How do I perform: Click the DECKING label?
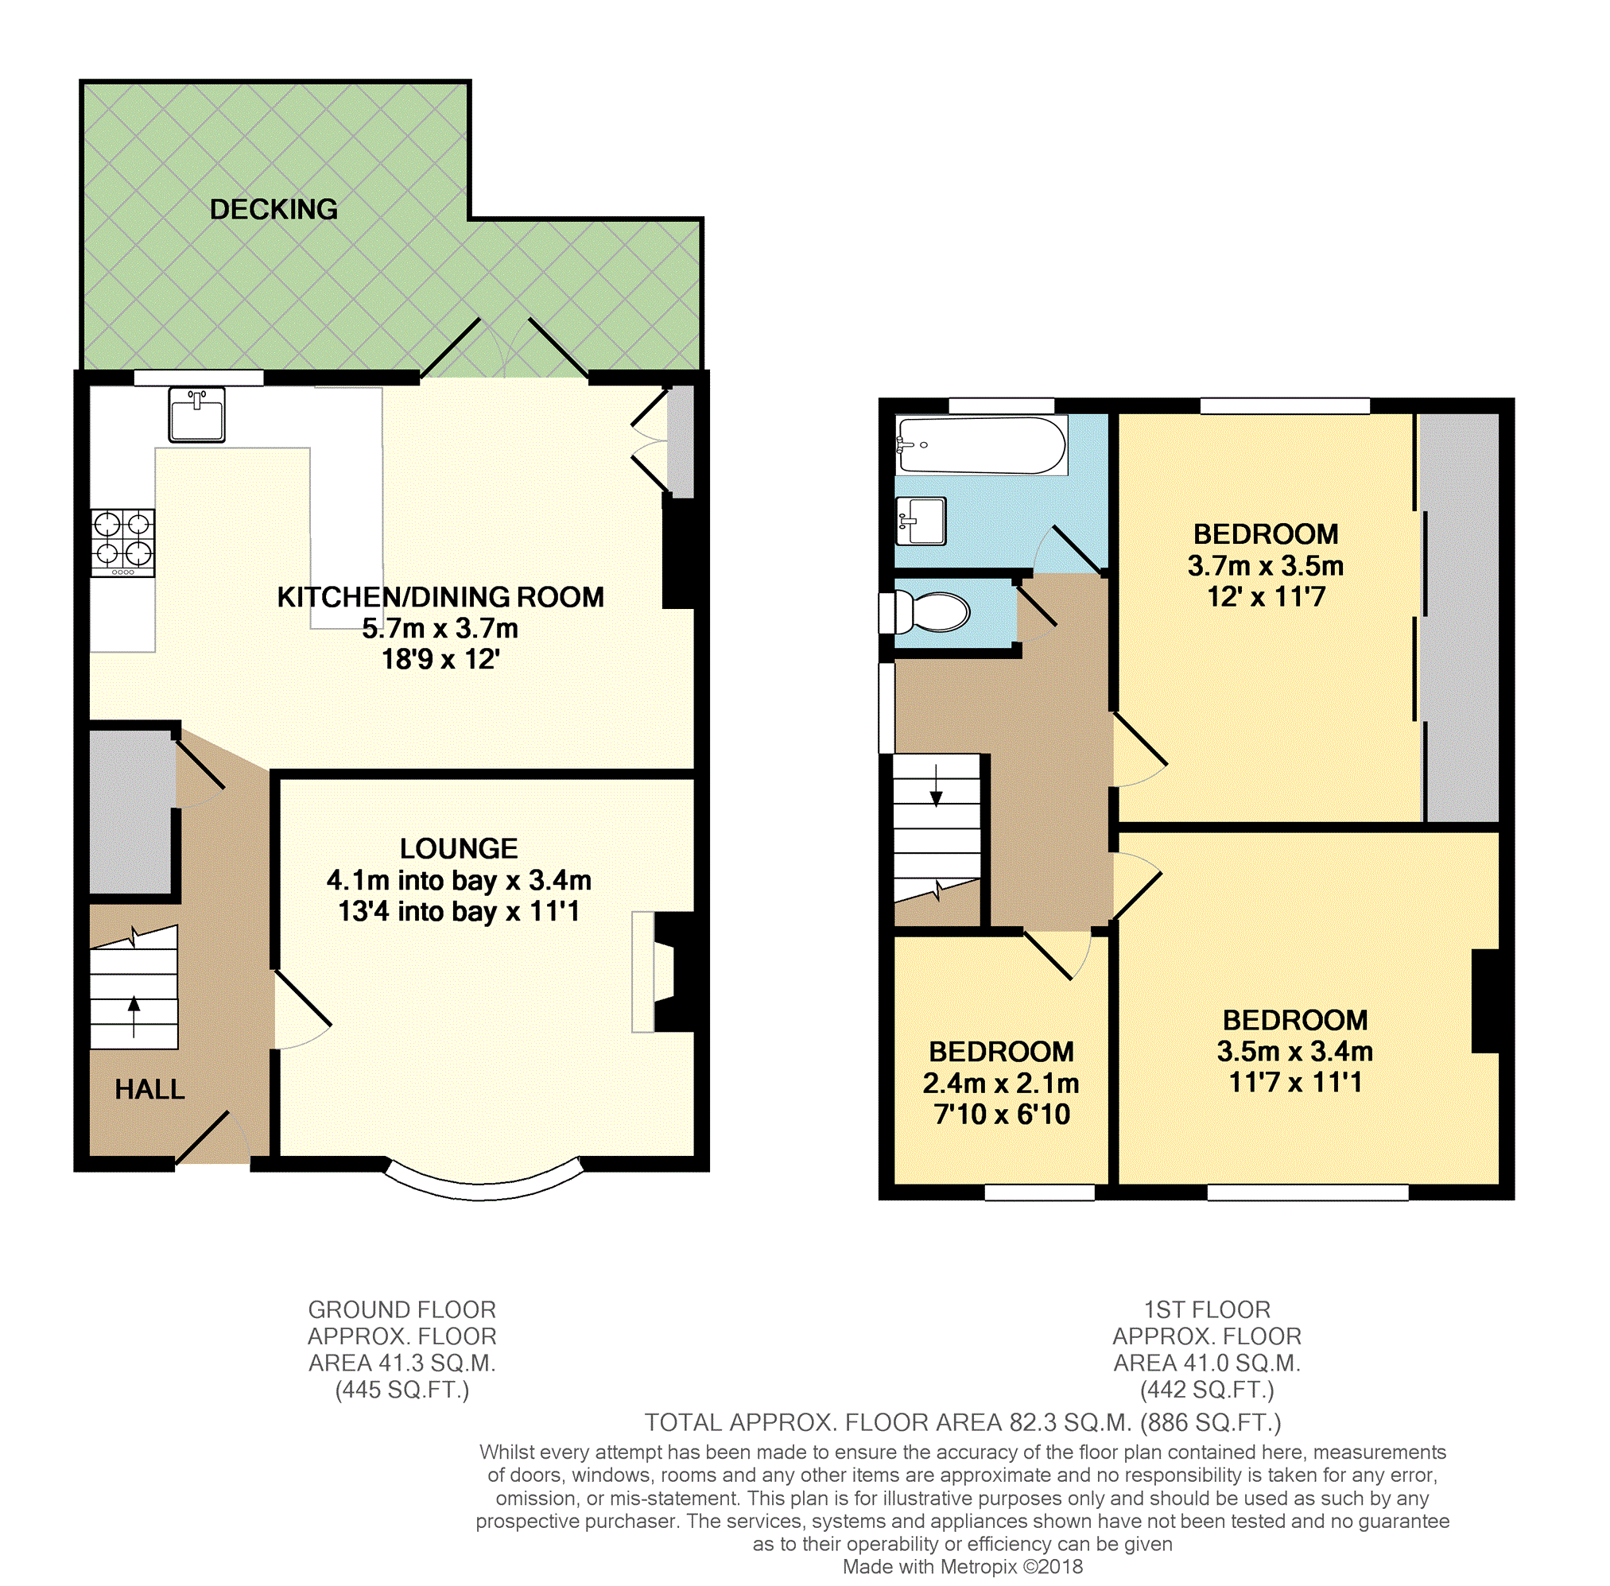point(274,209)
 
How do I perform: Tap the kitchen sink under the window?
point(196,414)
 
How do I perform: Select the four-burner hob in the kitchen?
point(122,542)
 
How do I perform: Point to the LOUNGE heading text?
point(458,848)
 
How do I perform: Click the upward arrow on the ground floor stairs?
point(134,1016)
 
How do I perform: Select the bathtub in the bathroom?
point(981,446)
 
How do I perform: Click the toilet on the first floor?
point(925,612)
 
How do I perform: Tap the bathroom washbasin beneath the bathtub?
point(921,521)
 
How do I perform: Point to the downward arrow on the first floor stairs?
point(936,785)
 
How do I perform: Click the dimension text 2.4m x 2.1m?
point(1000,1083)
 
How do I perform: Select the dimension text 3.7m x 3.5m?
point(1265,565)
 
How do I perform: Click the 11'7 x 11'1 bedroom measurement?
point(1295,1082)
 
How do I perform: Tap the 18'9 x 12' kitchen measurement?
point(440,659)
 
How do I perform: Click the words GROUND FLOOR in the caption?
point(402,1309)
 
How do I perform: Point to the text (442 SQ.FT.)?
point(1207,1390)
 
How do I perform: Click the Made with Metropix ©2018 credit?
point(962,1566)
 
